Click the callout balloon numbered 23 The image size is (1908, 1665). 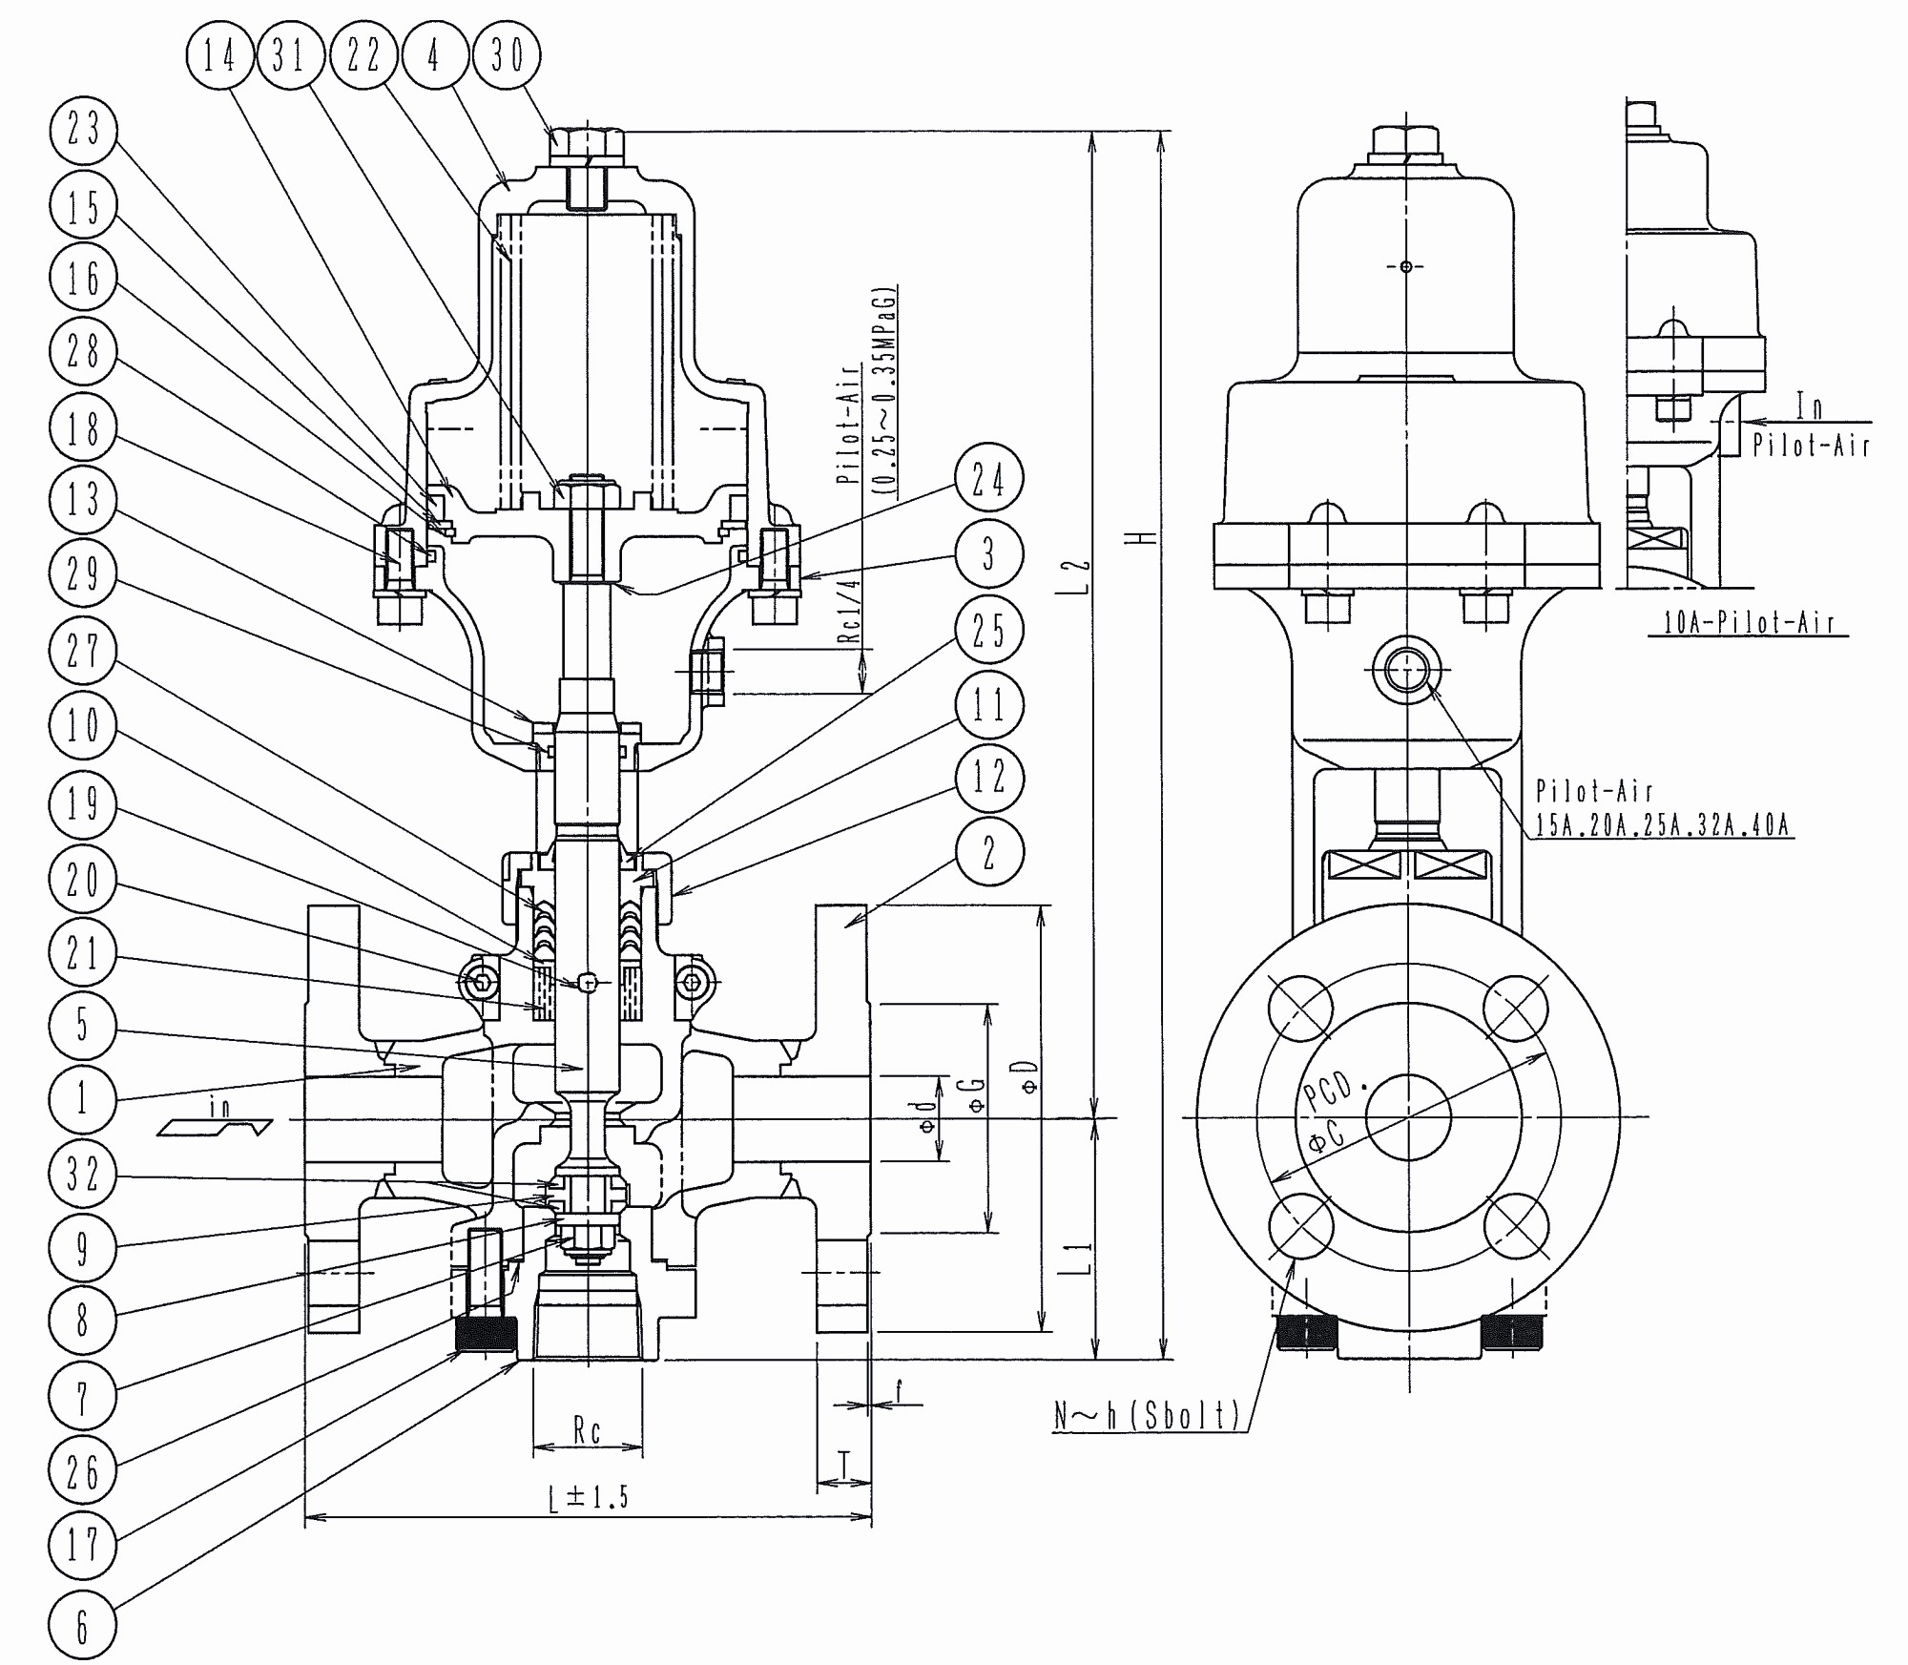(83, 130)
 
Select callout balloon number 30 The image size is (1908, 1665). (507, 54)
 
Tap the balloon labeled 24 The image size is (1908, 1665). (988, 478)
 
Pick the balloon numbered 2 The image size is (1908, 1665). (988, 852)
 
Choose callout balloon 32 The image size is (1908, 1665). (83, 1173)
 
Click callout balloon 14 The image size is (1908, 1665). (219, 54)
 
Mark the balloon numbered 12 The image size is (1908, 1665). (988, 777)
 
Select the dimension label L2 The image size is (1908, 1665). (1079, 577)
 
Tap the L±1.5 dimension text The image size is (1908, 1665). (590, 1496)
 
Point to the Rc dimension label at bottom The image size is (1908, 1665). (587, 1431)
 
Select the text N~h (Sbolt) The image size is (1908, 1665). (1146, 1414)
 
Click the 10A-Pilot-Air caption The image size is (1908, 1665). (1748, 623)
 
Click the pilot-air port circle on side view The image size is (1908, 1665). (1406, 671)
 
